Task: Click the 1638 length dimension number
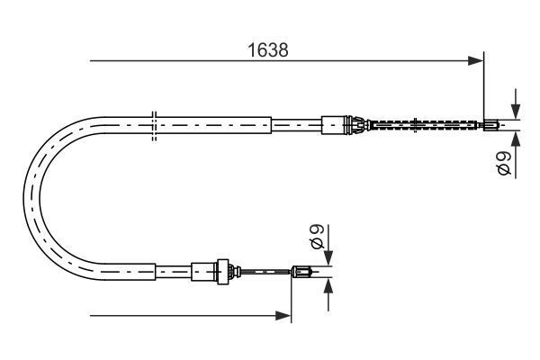pyautogui.click(x=268, y=51)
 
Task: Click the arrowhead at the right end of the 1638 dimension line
pyautogui.click(x=478, y=61)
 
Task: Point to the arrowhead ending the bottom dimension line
pyautogui.click(x=285, y=316)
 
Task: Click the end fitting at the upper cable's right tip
pyautogui.click(x=490, y=124)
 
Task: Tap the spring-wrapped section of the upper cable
pyautogui.click(x=423, y=124)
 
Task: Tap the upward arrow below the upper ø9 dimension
pyautogui.click(x=516, y=139)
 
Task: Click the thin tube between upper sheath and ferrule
pyautogui.click(x=296, y=124)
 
